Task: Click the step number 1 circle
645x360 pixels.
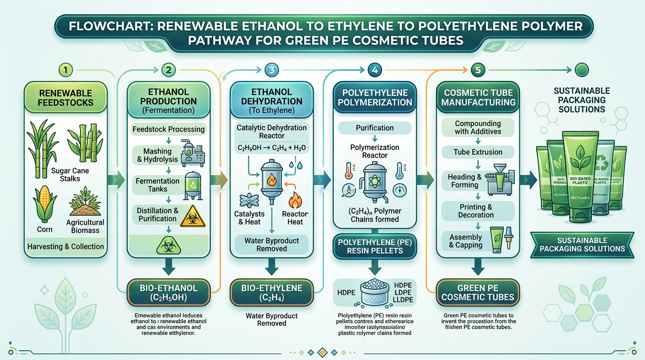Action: tap(66, 70)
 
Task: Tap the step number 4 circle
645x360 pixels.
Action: tap(374, 70)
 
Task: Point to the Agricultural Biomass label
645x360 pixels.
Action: tap(85, 226)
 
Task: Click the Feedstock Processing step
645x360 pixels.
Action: tap(168, 129)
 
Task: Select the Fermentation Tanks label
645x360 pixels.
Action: tap(157, 185)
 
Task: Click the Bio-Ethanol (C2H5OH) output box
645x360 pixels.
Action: tap(168, 292)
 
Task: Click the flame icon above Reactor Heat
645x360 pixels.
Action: tap(295, 200)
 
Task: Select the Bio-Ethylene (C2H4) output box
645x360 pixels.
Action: tap(271, 292)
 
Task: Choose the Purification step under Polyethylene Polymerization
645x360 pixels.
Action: tap(375, 127)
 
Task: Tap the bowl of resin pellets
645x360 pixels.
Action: tap(375, 291)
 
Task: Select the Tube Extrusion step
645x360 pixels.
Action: tap(478, 152)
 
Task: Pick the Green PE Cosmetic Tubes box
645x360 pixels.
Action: tap(478, 292)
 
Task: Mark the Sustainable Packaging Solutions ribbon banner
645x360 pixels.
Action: tap(582, 245)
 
